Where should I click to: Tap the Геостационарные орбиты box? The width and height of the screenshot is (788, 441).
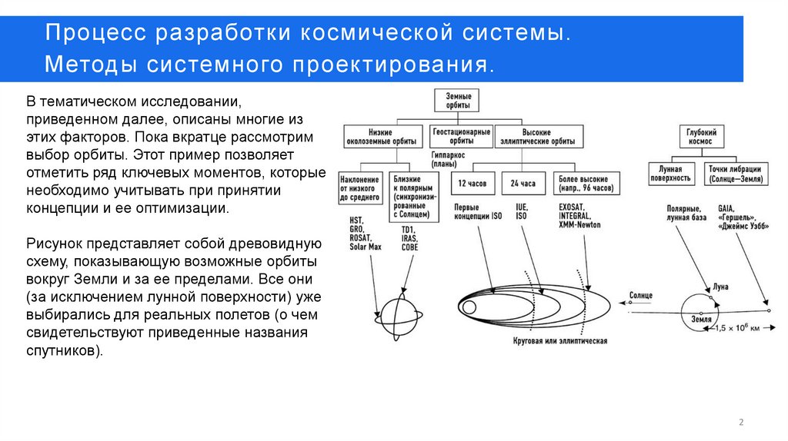460,137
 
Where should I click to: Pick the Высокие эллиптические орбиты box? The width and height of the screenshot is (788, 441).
535,137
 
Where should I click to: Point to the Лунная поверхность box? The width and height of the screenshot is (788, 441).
671,173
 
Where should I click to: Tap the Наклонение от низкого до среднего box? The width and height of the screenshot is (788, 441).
359,188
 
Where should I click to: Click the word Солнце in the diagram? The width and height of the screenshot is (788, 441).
641,295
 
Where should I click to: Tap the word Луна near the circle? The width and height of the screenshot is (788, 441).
720,287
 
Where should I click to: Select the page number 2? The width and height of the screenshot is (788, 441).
741,422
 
